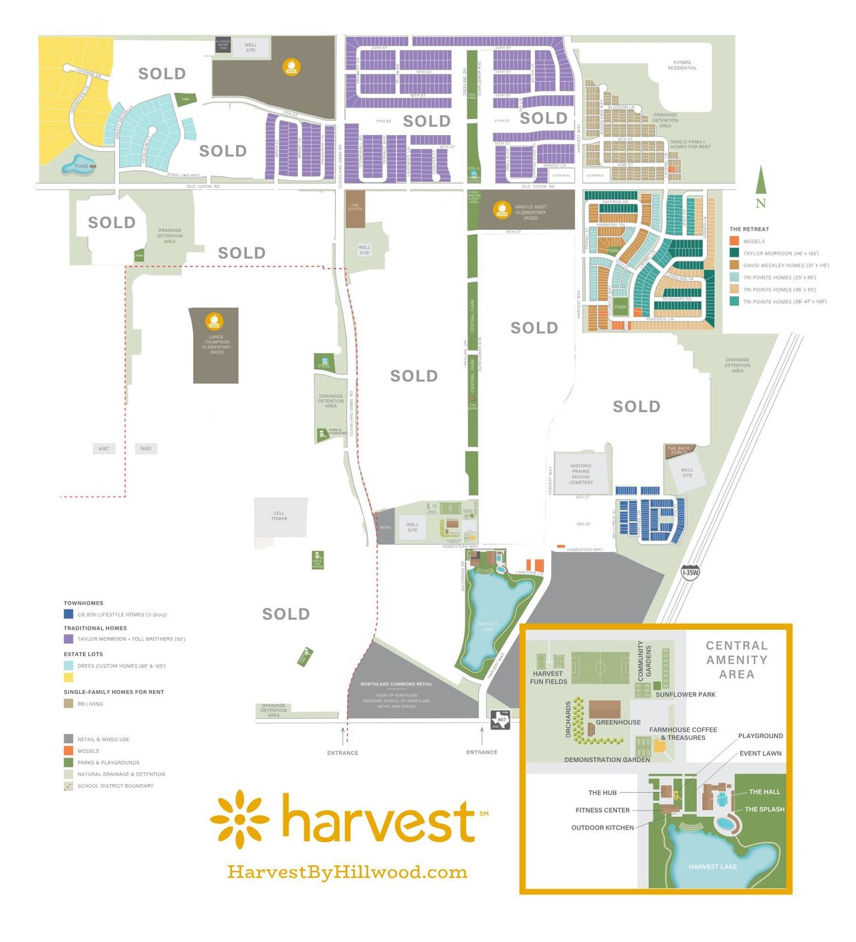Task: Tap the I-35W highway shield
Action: click(690, 572)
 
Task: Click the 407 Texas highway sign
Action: click(501, 720)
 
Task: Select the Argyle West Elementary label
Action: click(531, 212)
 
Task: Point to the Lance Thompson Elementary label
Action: click(216, 344)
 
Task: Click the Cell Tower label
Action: click(279, 516)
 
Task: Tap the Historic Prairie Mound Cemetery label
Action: click(581, 474)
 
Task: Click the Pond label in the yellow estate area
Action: click(82, 166)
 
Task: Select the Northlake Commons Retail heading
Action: click(396, 684)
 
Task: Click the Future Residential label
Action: click(682, 65)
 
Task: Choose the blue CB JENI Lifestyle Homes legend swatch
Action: click(68, 614)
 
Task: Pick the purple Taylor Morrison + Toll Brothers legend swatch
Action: click(68, 638)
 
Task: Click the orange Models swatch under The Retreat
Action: click(734, 241)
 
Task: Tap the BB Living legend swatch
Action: click(68, 703)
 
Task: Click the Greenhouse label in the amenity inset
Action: click(618, 722)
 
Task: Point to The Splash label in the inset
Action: click(764, 809)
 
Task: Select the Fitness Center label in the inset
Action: click(603, 810)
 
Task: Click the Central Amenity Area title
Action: click(736, 660)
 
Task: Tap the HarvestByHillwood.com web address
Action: click(347, 872)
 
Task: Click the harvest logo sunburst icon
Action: click(239, 819)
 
